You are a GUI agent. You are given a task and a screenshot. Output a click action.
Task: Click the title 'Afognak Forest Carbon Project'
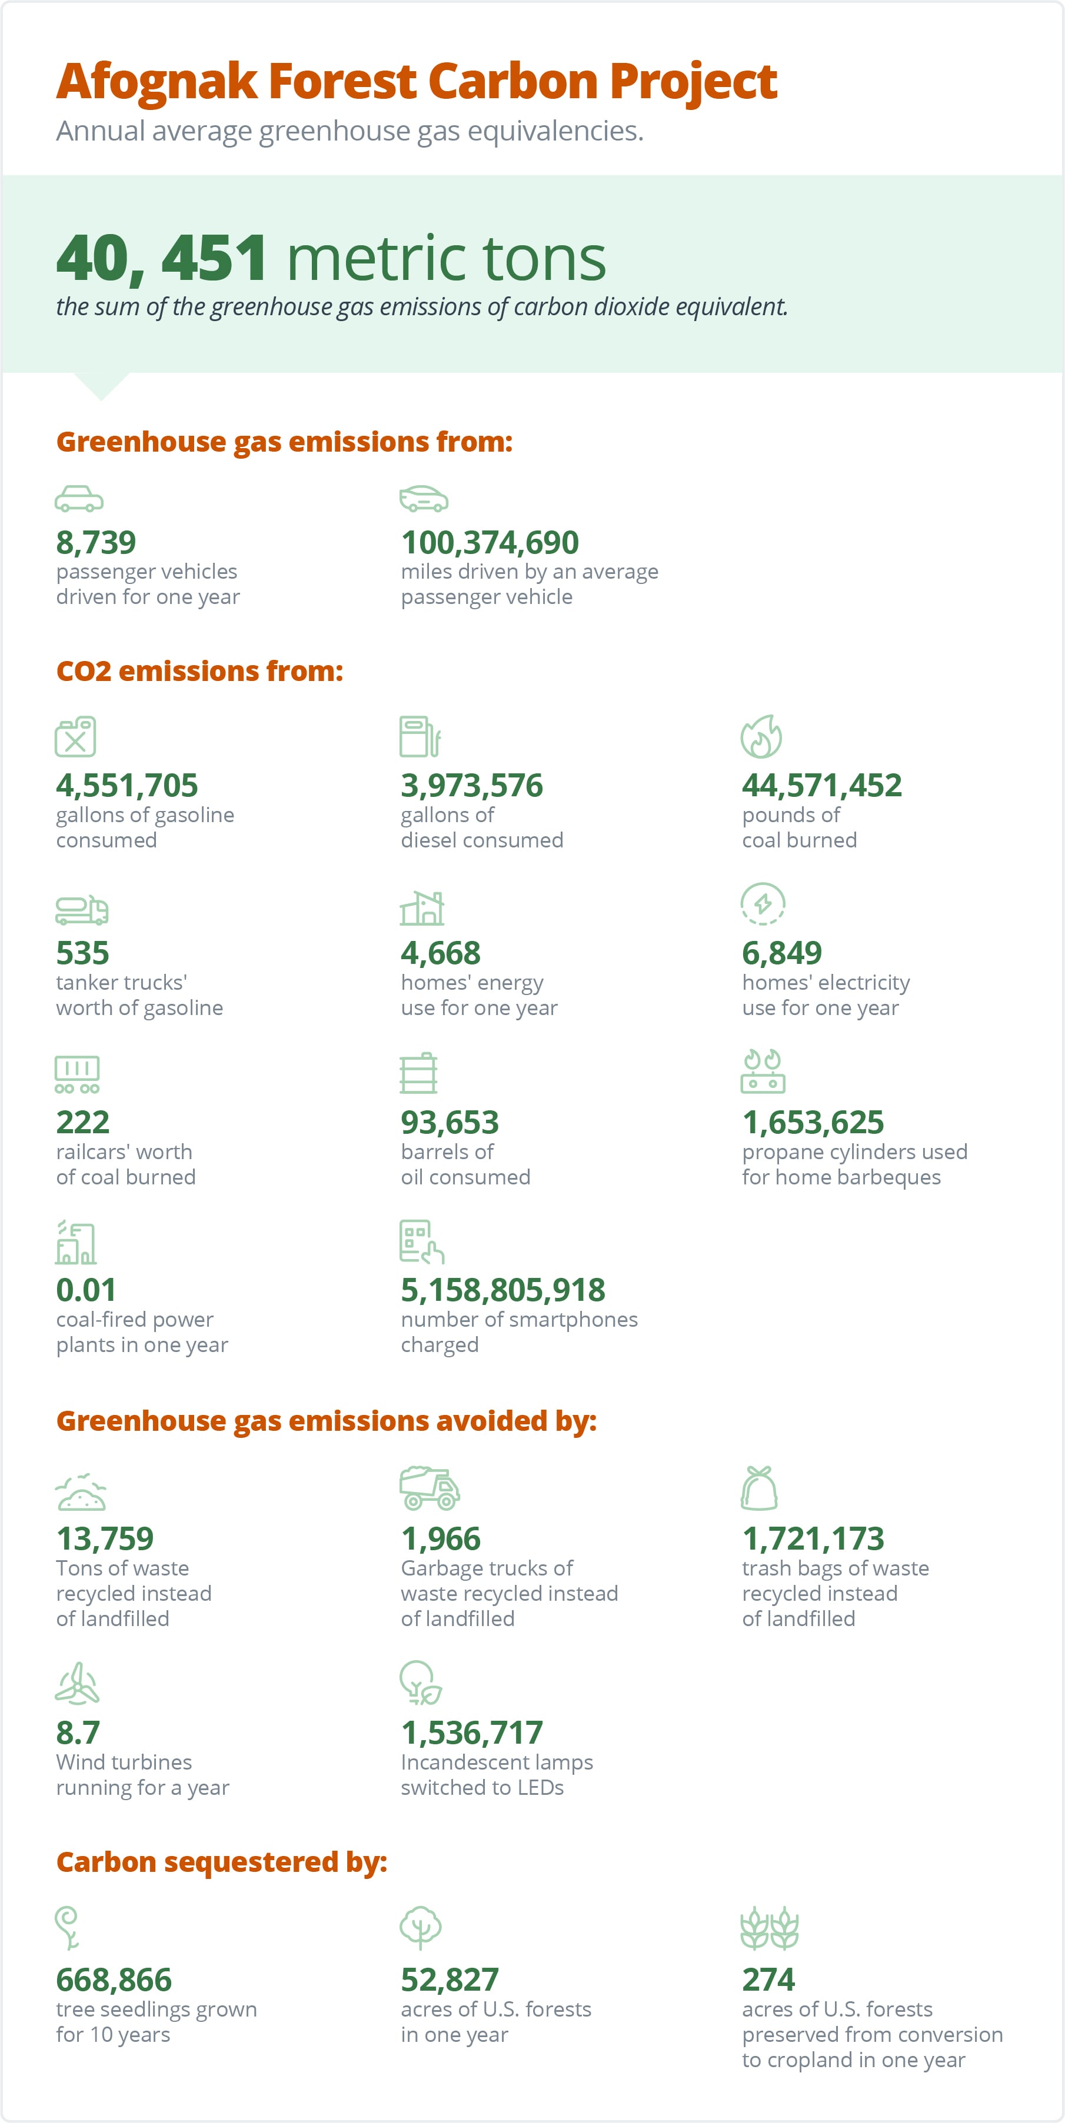click(x=416, y=82)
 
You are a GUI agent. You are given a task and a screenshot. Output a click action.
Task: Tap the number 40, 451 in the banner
click(x=162, y=258)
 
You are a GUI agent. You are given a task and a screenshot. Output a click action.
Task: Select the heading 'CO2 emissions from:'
click(x=199, y=671)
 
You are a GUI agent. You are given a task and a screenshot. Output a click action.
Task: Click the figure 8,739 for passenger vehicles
click(x=96, y=542)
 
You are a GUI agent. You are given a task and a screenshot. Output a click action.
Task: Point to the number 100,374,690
click(x=490, y=542)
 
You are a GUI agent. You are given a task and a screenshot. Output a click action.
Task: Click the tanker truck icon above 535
click(x=82, y=909)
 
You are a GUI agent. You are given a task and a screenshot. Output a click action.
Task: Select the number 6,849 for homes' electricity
click(x=781, y=953)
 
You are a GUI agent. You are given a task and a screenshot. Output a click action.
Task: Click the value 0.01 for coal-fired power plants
click(x=86, y=1290)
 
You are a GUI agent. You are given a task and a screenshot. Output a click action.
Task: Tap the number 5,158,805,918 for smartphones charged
click(x=503, y=1290)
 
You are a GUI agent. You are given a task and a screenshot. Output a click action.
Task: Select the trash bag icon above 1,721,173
click(x=759, y=1488)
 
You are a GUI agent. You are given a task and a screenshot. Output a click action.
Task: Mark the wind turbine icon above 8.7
click(x=76, y=1683)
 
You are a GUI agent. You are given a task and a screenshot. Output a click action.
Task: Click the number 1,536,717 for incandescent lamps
click(x=471, y=1733)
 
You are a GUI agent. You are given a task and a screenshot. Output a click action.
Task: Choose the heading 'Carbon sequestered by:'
click(x=222, y=1862)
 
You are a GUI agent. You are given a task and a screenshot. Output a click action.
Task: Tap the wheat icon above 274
click(x=770, y=1928)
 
